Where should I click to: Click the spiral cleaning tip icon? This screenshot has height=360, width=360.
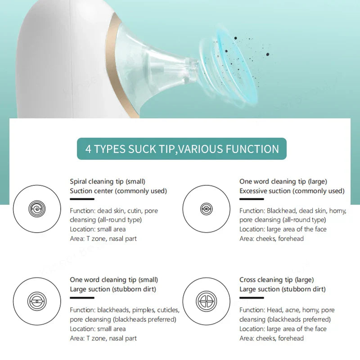[x=37, y=208]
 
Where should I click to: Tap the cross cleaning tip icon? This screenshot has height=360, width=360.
[x=206, y=301]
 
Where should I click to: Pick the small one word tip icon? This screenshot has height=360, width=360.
[x=37, y=301]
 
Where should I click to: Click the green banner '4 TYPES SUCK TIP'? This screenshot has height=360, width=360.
[x=181, y=149]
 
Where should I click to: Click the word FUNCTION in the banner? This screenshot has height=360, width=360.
[x=250, y=149]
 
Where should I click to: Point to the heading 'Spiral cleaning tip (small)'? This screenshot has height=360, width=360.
[x=108, y=181]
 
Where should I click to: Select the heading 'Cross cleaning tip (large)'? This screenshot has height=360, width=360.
[x=276, y=280]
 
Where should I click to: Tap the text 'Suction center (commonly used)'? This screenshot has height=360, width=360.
[x=118, y=191]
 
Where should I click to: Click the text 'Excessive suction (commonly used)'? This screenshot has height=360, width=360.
[x=292, y=191]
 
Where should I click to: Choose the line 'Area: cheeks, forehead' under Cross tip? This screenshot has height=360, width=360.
[x=271, y=338]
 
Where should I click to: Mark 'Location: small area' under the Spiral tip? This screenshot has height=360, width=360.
[x=98, y=229]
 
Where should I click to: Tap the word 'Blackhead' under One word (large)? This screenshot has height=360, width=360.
[x=282, y=211]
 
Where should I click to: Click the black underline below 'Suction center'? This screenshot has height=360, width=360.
[x=81, y=199]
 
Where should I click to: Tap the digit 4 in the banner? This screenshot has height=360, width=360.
[x=89, y=149]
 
